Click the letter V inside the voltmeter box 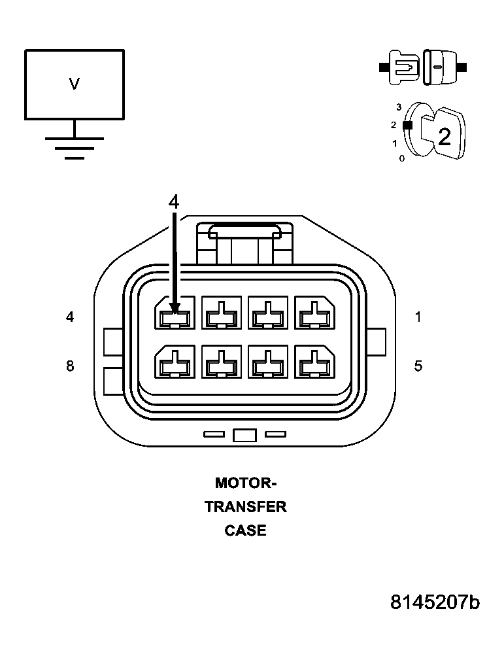[x=75, y=84]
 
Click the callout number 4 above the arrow [x=173, y=201]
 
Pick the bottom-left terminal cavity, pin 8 [x=175, y=362]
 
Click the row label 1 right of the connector [x=418, y=317]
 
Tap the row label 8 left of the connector [x=70, y=366]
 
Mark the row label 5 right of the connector [x=418, y=366]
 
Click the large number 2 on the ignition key [x=444, y=137]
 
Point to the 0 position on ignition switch [x=401, y=158]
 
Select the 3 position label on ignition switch [x=398, y=107]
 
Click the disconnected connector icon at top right [x=424, y=67]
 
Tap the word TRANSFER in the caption [x=246, y=507]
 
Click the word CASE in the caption [x=246, y=530]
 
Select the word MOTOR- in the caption [x=246, y=483]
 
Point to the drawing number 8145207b [x=435, y=602]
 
